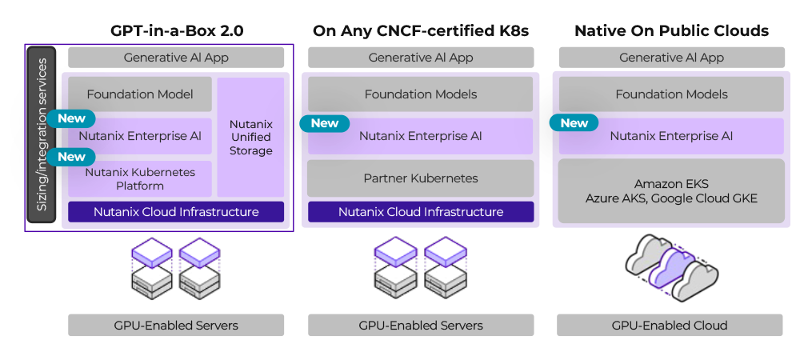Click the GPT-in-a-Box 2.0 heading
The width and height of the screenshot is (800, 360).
(x=176, y=32)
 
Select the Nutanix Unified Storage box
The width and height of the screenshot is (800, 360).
(x=251, y=138)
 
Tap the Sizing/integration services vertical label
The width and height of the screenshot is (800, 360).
(x=42, y=134)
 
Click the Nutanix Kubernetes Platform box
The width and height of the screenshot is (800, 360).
(x=140, y=179)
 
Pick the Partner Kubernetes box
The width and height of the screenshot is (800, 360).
(x=421, y=178)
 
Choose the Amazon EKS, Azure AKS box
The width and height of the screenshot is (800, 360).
(x=671, y=191)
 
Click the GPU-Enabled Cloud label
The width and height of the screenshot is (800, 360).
(x=670, y=326)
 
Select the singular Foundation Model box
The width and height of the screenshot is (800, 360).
(x=140, y=94)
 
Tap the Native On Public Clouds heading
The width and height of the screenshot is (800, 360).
(x=671, y=32)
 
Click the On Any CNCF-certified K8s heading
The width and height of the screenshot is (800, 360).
(x=421, y=32)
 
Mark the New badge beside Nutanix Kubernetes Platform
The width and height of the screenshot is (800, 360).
(x=71, y=157)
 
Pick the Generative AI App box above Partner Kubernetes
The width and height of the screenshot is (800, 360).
(x=421, y=58)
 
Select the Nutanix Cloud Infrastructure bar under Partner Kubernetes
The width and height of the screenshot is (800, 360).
(x=421, y=212)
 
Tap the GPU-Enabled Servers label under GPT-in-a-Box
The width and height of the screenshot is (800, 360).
(x=176, y=326)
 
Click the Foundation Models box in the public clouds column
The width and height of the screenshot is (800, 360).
(x=671, y=94)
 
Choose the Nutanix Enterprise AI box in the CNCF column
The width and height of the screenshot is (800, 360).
(x=421, y=136)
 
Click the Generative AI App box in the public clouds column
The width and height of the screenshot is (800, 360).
(x=671, y=58)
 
